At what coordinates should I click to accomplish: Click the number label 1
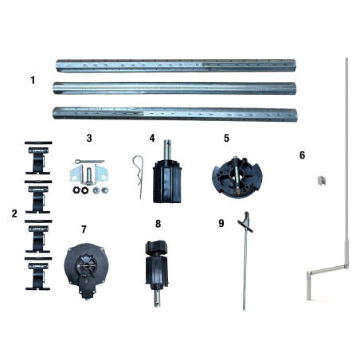33,80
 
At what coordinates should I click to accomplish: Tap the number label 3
89,138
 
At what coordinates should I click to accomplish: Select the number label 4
151,138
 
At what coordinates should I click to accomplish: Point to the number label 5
226,138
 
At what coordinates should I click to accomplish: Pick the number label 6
302,155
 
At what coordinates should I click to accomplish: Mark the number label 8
158,224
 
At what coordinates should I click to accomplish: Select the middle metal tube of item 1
174,88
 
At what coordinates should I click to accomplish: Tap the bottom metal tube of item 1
174,112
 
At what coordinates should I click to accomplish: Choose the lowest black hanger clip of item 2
37,273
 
